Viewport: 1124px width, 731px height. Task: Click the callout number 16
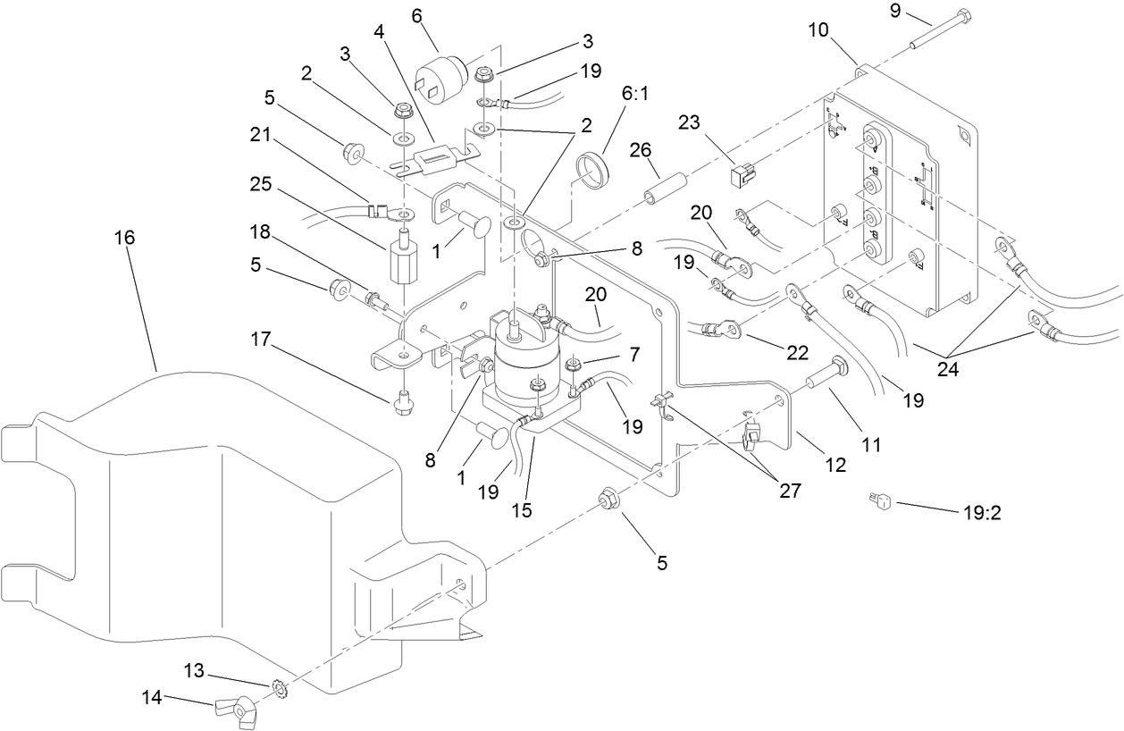[125, 239]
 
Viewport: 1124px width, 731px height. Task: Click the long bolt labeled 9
[937, 29]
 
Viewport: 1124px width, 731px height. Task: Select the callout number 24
[947, 366]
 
